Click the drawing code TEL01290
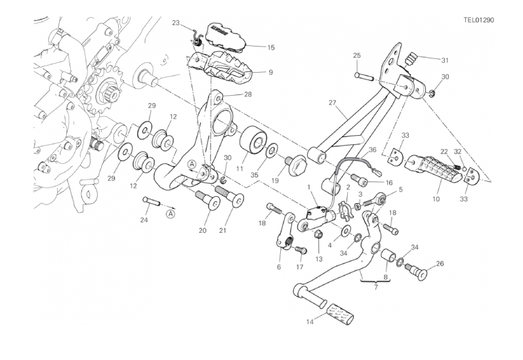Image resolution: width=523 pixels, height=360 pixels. pos(478,20)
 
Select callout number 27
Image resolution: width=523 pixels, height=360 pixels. pos(332,102)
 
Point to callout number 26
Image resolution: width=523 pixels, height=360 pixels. pos(440,264)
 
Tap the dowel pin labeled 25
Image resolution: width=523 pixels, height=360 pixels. pos(364,76)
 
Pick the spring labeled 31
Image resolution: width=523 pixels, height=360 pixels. pos(412,59)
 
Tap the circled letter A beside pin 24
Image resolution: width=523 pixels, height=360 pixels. pos(170,212)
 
